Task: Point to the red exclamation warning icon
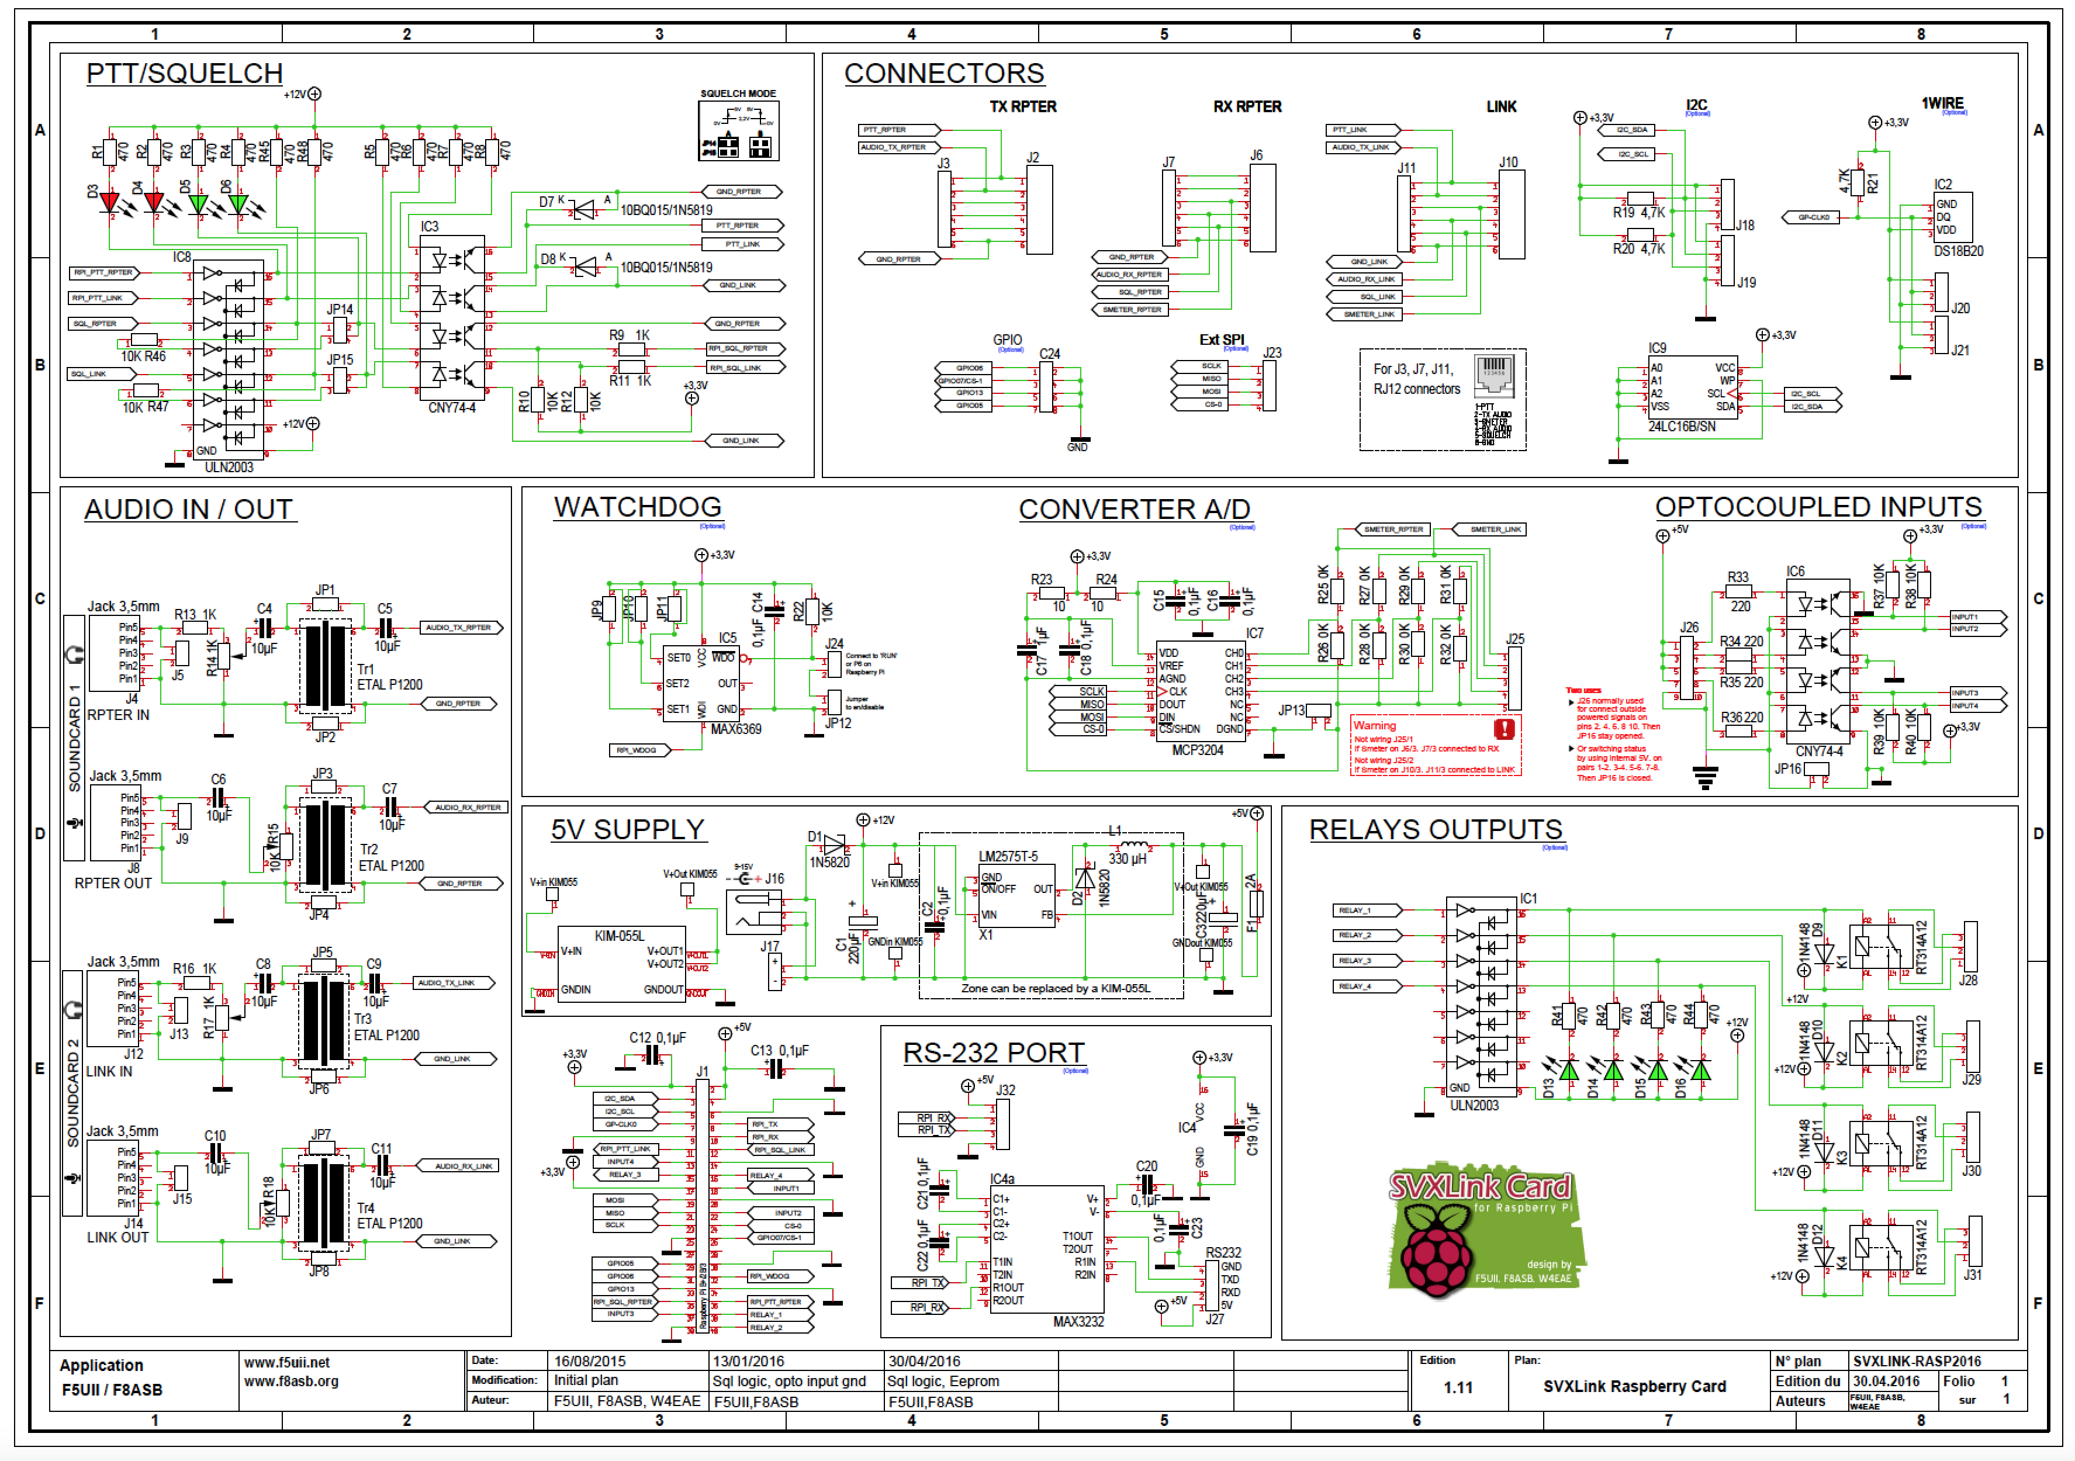(x=1504, y=728)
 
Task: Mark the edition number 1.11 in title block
(x=1458, y=1387)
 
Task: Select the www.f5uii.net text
(x=286, y=1362)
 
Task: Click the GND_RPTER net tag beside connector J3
(x=898, y=259)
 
